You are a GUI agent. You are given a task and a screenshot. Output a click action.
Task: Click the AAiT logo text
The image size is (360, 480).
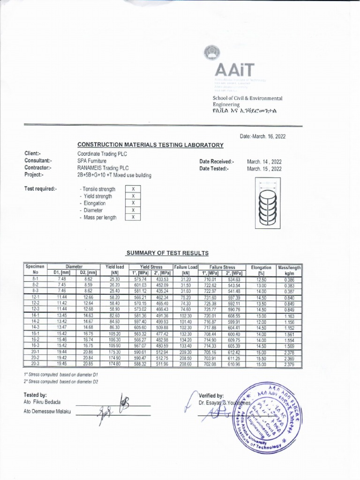[234, 70]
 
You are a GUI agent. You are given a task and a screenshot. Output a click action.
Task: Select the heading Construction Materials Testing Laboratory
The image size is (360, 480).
[150, 145]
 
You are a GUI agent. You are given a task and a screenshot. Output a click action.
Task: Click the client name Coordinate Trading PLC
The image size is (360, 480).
[102, 154]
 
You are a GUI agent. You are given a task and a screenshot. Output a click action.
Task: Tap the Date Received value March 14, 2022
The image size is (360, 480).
[264, 162]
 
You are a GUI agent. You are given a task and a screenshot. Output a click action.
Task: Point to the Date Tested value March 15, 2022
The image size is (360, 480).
[264, 169]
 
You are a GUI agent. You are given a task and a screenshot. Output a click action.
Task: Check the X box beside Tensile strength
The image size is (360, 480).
[133, 189]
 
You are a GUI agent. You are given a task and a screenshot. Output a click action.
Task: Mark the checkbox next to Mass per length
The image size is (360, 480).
[133, 217]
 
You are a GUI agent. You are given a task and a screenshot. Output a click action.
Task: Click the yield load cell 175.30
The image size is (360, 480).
[114, 352]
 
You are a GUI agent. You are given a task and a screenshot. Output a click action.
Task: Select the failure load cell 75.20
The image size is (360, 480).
[186, 297]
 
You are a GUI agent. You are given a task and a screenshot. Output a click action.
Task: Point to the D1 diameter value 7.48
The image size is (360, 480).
[61, 279]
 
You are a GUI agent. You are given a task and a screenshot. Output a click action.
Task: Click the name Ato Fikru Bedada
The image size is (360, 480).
[42, 402]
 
